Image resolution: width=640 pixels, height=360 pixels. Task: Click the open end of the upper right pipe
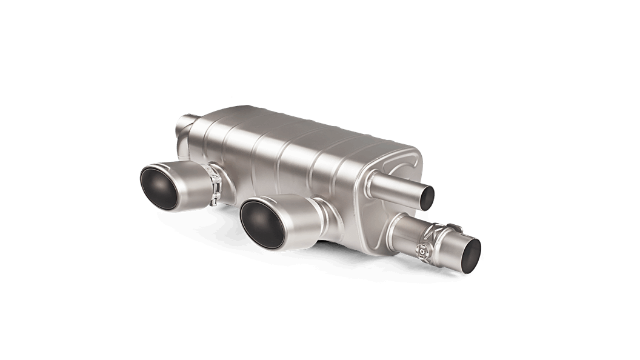(x=427, y=195)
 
